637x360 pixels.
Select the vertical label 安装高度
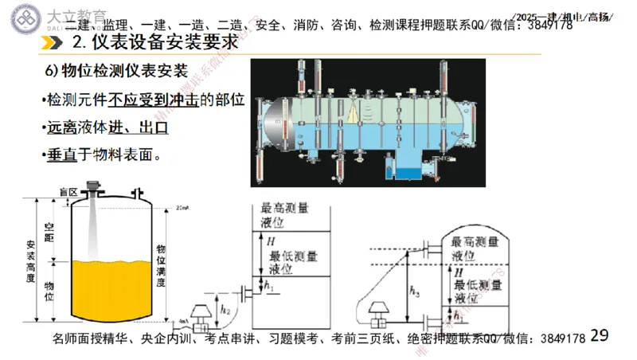30,261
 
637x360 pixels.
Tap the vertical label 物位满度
162,267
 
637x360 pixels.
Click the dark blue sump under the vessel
412,170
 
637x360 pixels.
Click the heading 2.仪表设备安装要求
155,42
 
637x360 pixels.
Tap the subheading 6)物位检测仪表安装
111,71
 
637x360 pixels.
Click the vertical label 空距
49,233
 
